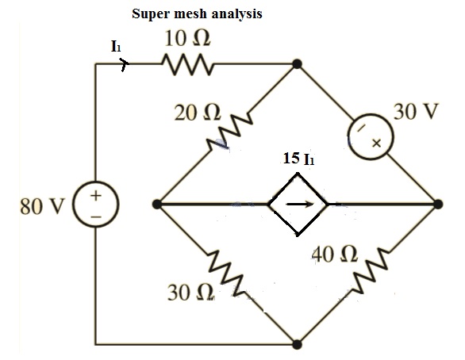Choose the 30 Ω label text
[190, 293]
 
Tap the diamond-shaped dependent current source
[298, 205]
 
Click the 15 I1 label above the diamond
[298, 159]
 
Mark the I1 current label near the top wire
[117, 47]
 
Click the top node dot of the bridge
[297, 65]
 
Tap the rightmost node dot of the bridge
[437, 205]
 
